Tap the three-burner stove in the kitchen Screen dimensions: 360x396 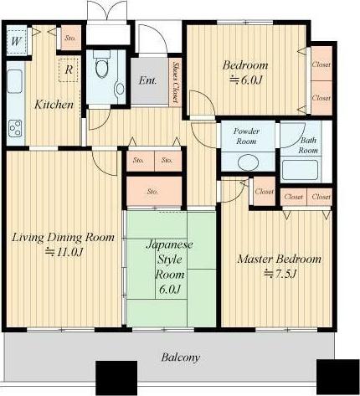pos(15,128)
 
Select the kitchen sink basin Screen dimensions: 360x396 pos(14,81)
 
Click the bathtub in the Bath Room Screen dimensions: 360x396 pos(300,170)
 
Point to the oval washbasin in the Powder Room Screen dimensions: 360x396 pos(249,162)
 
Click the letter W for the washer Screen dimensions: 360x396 pos(16,41)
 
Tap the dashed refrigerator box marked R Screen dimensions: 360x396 pos(69,70)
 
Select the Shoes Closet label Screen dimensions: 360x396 pos(176,82)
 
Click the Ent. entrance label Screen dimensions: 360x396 pos(147,80)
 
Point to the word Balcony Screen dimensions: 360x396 pos(181,357)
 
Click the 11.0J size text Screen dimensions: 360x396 pos(64,252)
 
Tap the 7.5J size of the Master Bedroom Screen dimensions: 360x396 pos(280,274)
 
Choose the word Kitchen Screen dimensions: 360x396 pos(54,105)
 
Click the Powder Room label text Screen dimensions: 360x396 pos(246,136)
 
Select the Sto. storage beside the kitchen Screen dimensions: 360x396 pos(71,38)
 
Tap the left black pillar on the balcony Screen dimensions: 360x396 pos(116,378)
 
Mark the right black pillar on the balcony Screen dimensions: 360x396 pos(337,377)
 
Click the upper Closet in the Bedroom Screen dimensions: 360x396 pos(321,64)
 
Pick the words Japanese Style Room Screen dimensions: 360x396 pos(170,260)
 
